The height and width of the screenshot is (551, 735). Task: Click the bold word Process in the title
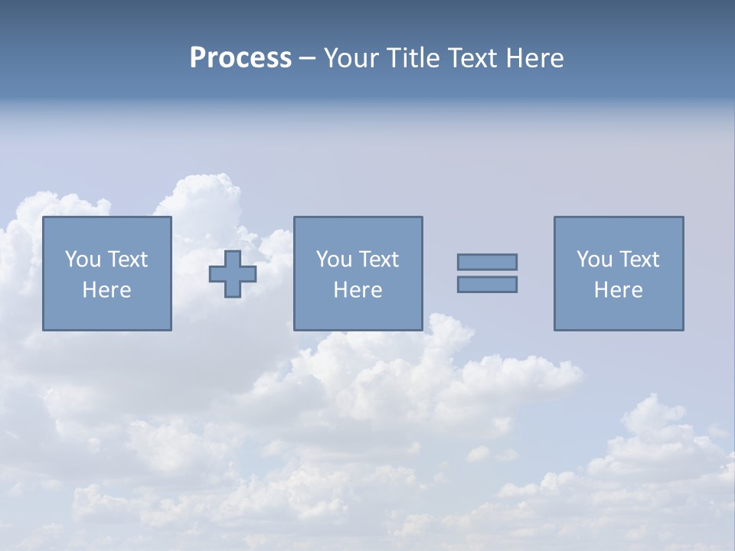(240, 58)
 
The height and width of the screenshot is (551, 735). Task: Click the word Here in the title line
(535, 58)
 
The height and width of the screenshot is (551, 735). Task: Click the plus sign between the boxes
(233, 274)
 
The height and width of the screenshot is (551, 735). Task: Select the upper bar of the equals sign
(487, 262)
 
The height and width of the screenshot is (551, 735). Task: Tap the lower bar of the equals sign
(487, 285)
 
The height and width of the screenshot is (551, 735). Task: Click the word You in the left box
(83, 259)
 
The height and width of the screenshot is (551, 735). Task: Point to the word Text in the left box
(126, 259)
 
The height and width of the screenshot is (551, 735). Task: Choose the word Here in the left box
(106, 290)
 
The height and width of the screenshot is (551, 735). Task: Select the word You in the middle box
(334, 259)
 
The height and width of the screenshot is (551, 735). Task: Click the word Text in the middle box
(377, 259)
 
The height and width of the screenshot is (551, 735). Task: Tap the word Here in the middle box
(358, 290)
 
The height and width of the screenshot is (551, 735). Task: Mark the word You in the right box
(594, 259)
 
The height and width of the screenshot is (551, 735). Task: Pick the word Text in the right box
(638, 259)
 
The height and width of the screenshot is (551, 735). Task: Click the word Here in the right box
(618, 290)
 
